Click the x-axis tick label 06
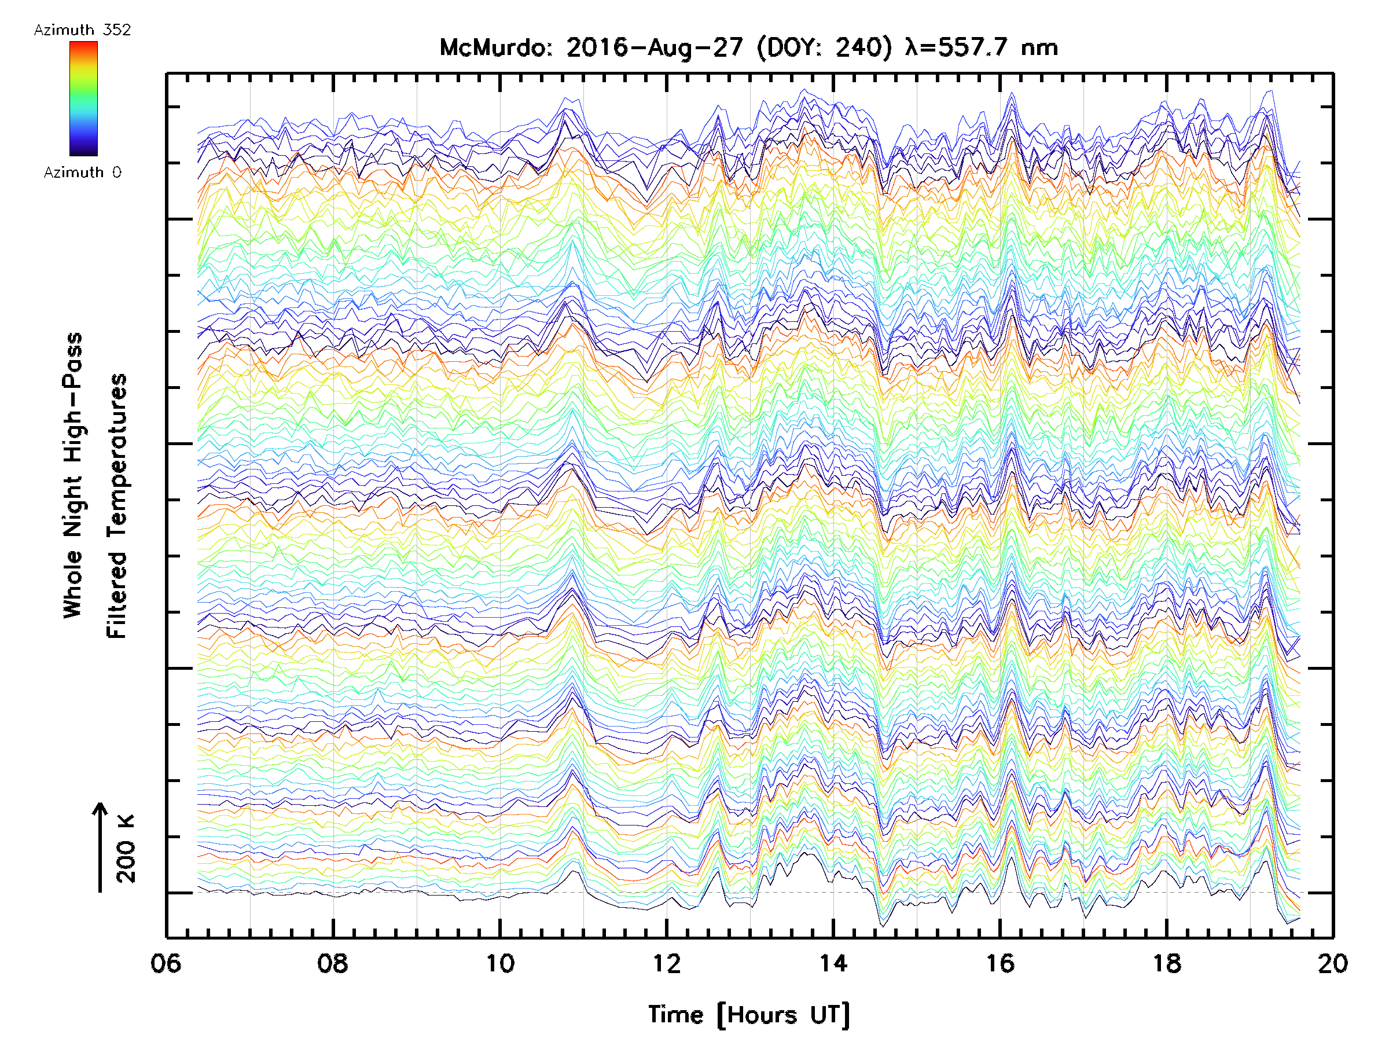(166, 963)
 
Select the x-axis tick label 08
(333, 963)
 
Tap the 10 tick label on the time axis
(500, 963)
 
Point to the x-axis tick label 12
(666, 963)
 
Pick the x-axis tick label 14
(833, 963)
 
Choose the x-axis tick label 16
(1000, 963)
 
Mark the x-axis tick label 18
(1167, 963)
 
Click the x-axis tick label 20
(1332, 963)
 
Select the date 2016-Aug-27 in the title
(655, 47)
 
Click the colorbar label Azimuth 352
(82, 30)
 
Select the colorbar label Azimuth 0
(82, 172)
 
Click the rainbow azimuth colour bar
(83, 98)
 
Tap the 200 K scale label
(126, 849)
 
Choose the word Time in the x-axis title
(675, 1015)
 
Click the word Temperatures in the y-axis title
(117, 505)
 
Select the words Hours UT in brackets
(783, 1015)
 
